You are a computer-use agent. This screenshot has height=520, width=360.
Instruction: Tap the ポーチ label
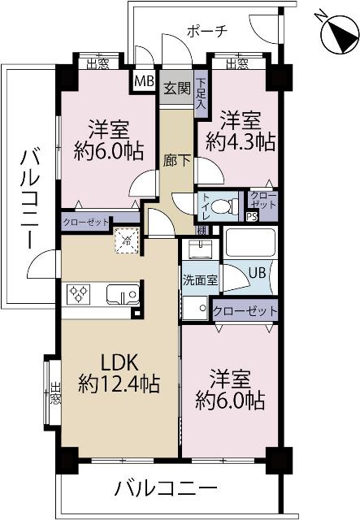pyautogui.click(x=207, y=32)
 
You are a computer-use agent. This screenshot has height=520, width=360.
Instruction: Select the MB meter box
pyautogui.click(x=144, y=81)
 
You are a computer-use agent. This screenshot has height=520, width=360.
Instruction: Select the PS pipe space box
pyautogui.click(x=252, y=216)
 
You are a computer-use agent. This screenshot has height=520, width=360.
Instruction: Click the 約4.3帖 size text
pyautogui.click(x=241, y=143)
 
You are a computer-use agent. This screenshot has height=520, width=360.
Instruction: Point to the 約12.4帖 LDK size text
pyautogui.click(x=119, y=383)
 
